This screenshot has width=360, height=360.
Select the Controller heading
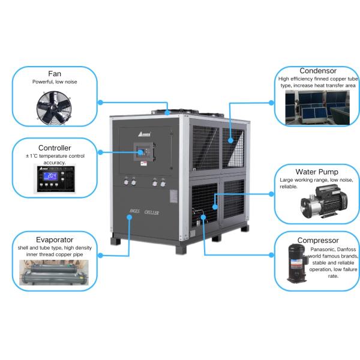[55, 148]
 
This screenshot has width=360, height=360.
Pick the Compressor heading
[318, 241]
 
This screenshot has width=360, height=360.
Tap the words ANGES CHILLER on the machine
[144, 213]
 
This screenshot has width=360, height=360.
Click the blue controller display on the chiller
[143, 152]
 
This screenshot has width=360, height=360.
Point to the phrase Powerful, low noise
[55, 82]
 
